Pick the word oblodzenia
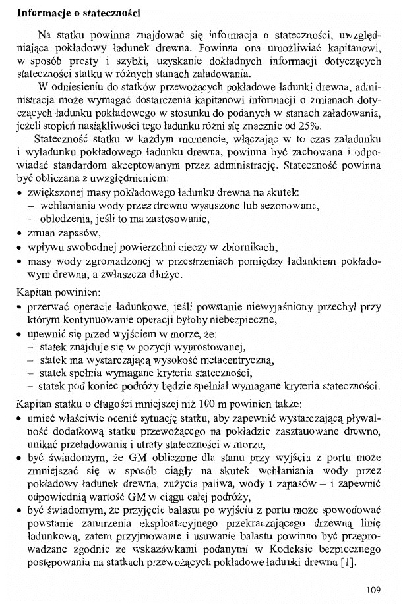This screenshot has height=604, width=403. pos(65,219)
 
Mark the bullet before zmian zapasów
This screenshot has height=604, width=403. pos(21,234)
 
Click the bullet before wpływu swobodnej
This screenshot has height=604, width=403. pos(21,248)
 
